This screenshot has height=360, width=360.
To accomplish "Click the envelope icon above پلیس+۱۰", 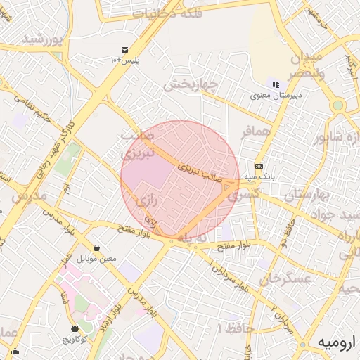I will tap(124, 49).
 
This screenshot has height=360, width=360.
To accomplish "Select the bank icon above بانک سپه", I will tap(259, 167).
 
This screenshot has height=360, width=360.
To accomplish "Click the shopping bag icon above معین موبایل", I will tap(96, 248).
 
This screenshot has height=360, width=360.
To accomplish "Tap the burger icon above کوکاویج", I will tap(75, 328).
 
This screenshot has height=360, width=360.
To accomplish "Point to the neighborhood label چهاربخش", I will tap(192, 86).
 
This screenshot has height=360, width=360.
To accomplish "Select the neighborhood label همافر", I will tap(255, 131).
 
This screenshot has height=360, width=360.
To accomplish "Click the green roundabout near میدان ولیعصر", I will tap(337, 105).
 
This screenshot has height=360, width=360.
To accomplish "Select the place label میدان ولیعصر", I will tap(304, 64).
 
